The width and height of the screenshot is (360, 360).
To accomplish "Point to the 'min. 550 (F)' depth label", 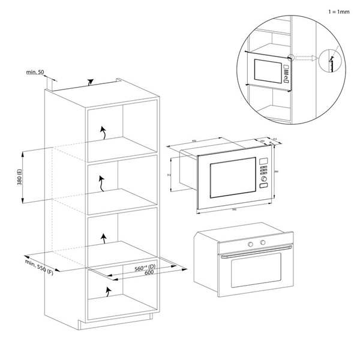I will pos(40,266).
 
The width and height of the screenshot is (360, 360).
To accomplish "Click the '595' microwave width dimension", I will pos(235,209).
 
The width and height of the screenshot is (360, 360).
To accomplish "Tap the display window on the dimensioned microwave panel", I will pos(263,160).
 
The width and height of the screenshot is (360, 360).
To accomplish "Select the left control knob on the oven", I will pos(250,243).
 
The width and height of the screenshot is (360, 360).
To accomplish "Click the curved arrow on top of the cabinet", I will pos(91,82).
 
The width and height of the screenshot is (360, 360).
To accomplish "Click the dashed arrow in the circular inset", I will pos(307,59).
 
